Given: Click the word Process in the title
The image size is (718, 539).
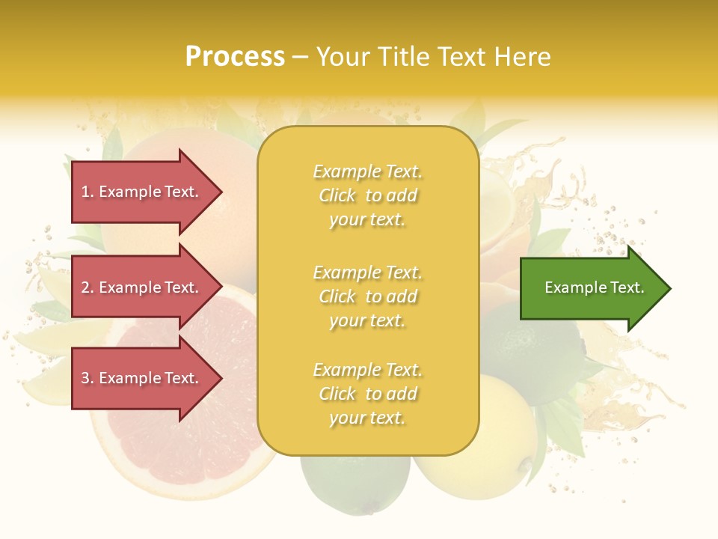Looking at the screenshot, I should (235, 57).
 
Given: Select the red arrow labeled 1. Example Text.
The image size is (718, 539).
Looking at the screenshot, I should (142, 192).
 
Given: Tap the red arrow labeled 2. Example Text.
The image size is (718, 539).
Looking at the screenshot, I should (142, 287).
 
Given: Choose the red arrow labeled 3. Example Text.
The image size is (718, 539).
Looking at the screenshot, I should (142, 378).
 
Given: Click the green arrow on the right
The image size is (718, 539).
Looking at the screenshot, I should (591, 288).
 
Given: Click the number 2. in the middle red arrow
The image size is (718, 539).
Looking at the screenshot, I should (88, 287).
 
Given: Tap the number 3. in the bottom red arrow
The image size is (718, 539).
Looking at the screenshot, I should (88, 378).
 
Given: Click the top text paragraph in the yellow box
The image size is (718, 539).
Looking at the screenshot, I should (367, 195).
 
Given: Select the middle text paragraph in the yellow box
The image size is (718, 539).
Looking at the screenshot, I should (367, 296).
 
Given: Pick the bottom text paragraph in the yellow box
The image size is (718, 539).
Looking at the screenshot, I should (367, 394).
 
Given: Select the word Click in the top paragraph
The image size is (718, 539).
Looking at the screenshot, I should (337, 195).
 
